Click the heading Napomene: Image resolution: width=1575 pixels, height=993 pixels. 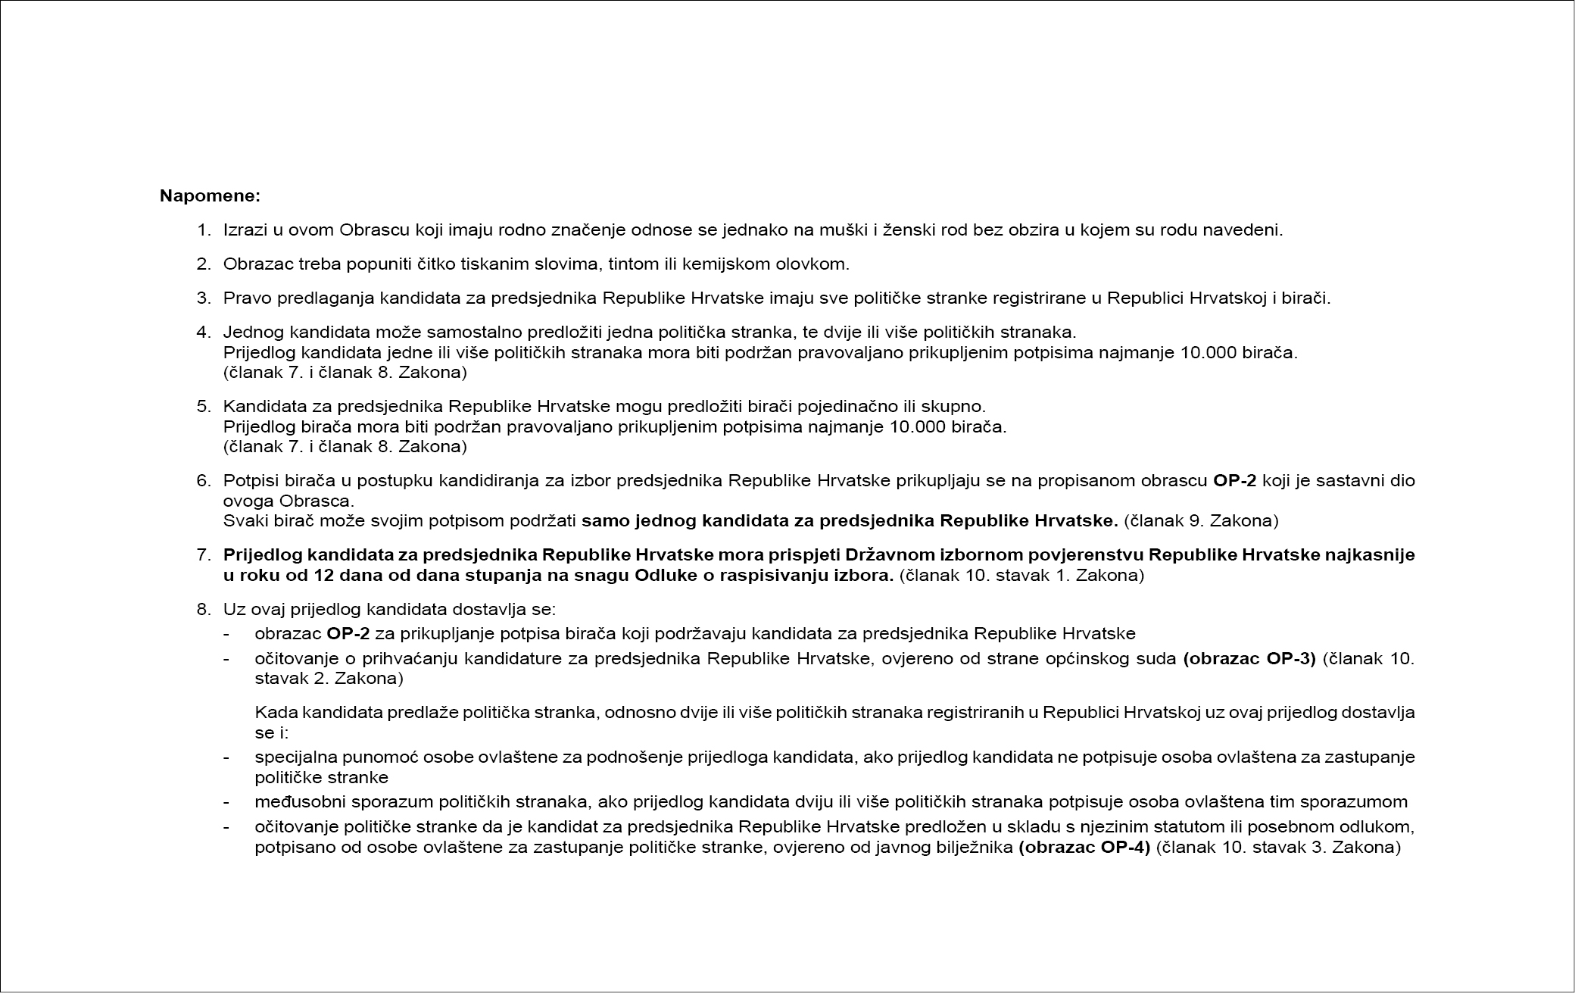(x=210, y=196)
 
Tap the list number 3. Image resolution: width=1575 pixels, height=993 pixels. (x=203, y=298)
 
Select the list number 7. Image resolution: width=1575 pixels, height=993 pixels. (x=203, y=554)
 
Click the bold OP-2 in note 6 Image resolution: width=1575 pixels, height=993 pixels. (x=1235, y=480)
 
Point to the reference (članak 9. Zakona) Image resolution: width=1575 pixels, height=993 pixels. (x=1201, y=520)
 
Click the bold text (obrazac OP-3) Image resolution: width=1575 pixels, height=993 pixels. (x=1249, y=657)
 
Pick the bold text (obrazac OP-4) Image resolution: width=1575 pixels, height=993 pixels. (x=1084, y=847)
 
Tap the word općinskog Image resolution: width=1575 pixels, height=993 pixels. (x=1102, y=657)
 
